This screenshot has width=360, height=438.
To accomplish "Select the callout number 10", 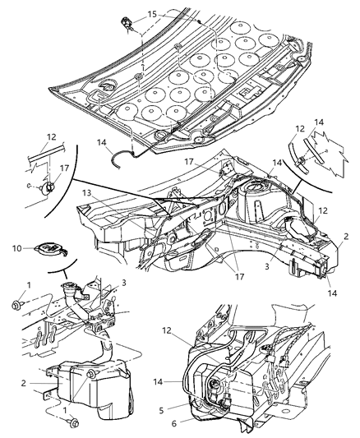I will [16, 247].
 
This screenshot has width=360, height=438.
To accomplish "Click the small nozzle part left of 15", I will [128, 22].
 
